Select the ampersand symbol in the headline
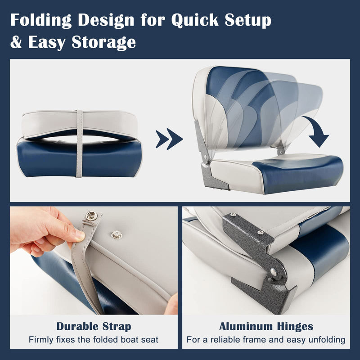tap(17, 42)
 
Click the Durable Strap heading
tap(94, 326)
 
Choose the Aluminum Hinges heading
tap(266, 326)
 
